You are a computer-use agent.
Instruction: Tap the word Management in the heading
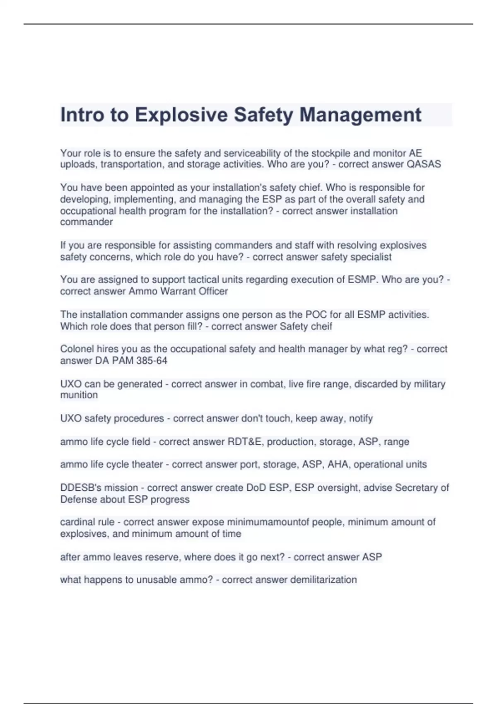[360, 115]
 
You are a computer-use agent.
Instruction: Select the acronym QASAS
[424, 164]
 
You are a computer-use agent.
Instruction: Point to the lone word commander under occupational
[87, 222]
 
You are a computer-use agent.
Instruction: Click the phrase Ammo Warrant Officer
[178, 291]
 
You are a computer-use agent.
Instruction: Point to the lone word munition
[79, 395]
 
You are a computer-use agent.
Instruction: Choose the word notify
[361, 418]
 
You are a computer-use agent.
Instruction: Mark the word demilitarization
[323, 580]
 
